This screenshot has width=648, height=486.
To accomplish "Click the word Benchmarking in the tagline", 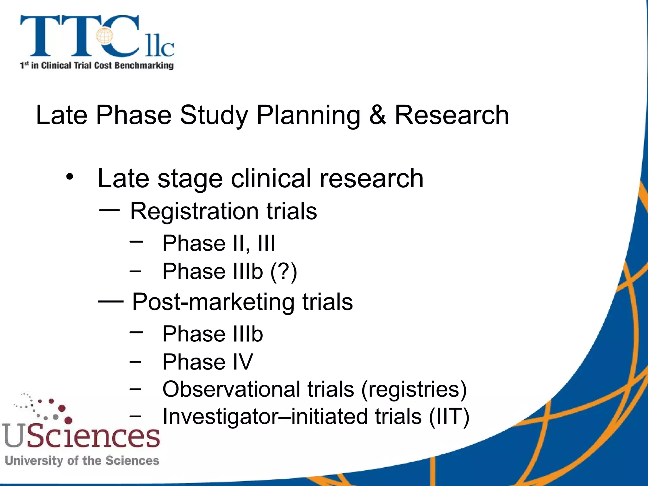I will click(x=144, y=65).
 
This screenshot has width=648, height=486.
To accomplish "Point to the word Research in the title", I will click(x=452, y=115).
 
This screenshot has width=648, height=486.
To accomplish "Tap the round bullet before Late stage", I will click(x=70, y=177).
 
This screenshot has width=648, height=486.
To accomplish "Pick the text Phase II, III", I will click(x=218, y=243).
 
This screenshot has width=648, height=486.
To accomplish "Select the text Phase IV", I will click(x=208, y=362).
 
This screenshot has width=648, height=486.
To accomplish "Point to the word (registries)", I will click(x=414, y=389).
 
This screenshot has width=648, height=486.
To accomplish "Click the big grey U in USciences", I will click(x=13, y=435).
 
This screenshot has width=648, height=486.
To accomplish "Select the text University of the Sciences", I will click(x=82, y=461).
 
